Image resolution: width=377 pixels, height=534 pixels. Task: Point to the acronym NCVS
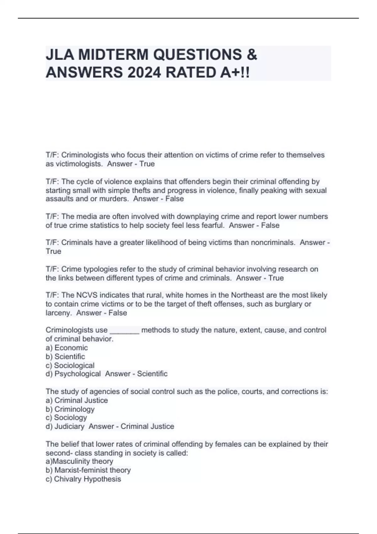85,295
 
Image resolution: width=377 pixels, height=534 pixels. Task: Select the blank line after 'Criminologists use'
124,330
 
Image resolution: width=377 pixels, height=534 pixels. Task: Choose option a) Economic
67,348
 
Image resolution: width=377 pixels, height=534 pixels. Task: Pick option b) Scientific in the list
65,357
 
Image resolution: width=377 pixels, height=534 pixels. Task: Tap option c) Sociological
70,365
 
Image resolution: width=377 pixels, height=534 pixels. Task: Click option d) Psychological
73,374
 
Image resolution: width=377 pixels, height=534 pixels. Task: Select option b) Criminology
70,409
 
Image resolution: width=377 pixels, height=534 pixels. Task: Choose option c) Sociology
66,418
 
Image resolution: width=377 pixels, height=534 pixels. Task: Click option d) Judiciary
65,427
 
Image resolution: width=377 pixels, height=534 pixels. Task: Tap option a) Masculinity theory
79,461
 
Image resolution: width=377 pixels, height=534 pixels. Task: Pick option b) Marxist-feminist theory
88,470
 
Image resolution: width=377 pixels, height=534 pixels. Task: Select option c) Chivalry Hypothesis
83,479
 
